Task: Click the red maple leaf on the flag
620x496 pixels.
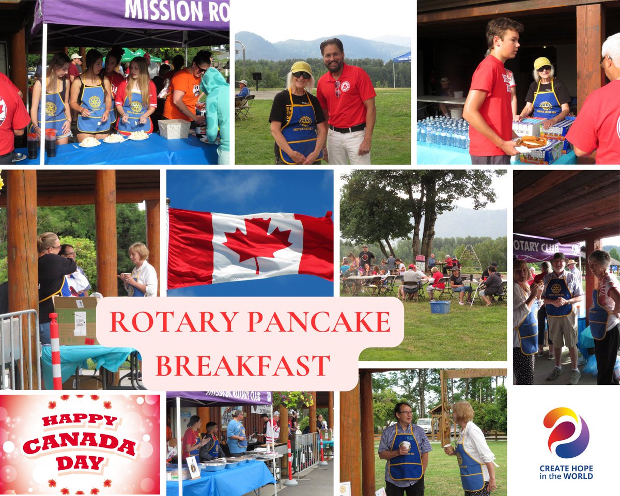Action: click(x=257, y=243)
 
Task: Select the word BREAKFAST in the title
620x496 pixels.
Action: click(x=243, y=365)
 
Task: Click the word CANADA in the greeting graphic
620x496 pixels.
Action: click(x=80, y=443)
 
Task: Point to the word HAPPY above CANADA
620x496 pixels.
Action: click(x=80, y=420)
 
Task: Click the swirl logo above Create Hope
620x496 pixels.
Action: click(x=566, y=433)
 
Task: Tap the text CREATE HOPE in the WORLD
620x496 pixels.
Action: click(x=566, y=472)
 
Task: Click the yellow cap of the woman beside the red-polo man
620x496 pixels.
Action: click(x=301, y=68)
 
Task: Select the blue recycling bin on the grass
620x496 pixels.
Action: click(x=440, y=307)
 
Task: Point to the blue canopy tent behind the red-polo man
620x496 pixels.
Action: click(x=401, y=58)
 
